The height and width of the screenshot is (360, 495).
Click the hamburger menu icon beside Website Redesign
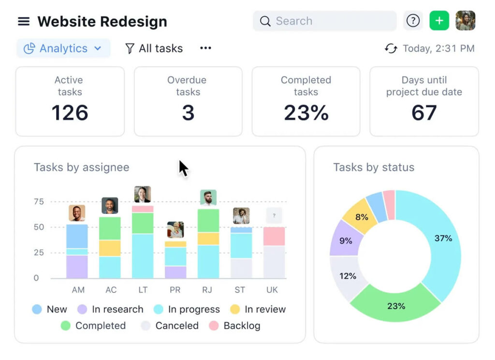[24, 21]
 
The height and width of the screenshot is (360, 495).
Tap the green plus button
[439, 21]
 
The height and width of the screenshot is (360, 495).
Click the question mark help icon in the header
[413, 21]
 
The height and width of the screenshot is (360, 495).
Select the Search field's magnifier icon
[265, 21]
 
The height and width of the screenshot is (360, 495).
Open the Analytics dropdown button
[63, 48]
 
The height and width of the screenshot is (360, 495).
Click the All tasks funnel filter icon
[130, 48]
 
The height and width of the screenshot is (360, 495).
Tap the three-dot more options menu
[206, 48]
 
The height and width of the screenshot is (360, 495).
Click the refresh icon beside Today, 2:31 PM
[391, 48]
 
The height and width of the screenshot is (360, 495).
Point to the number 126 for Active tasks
[70, 113]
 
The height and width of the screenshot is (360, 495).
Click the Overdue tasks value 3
[188, 113]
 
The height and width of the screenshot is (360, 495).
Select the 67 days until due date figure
[424, 113]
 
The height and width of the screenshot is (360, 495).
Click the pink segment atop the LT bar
[143, 209]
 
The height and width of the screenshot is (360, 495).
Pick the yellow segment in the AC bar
[110, 248]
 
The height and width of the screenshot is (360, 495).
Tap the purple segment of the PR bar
[175, 272]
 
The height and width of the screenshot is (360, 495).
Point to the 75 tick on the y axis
[39, 202]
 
